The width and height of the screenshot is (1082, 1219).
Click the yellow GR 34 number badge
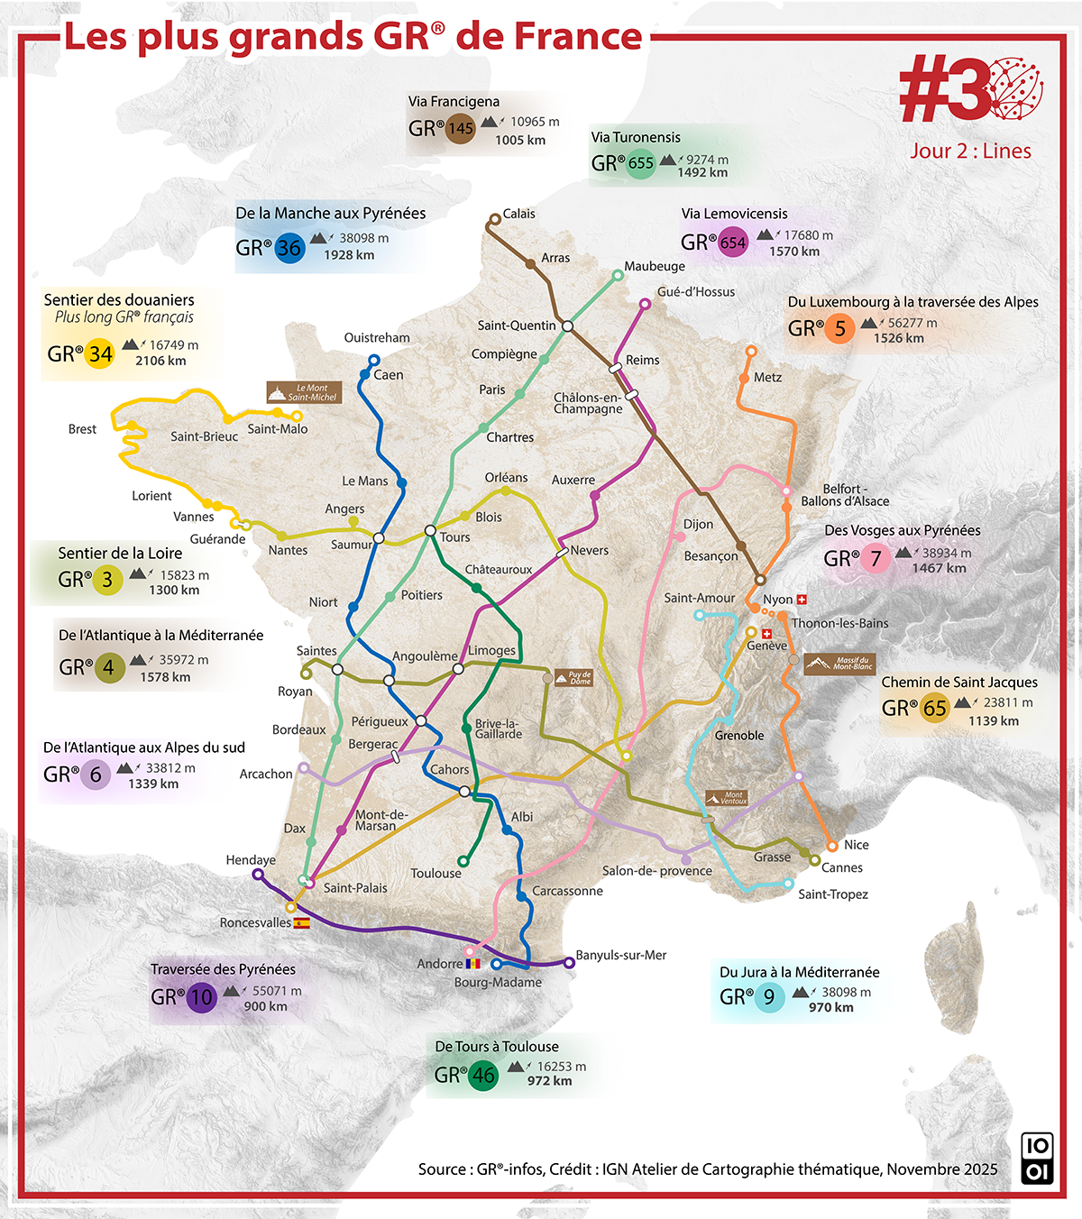click(100, 353)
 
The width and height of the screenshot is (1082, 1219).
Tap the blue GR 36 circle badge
click(289, 248)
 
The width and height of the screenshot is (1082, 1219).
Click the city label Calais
click(518, 214)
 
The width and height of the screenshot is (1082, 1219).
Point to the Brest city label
click(82, 429)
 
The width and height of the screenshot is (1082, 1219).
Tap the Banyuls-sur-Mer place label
click(620, 955)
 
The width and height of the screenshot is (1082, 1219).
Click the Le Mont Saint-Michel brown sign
click(304, 392)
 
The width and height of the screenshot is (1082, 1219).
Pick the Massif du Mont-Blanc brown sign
click(839, 664)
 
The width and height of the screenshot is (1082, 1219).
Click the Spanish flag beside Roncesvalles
click(302, 923)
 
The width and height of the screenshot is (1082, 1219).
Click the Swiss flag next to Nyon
click(802, 600)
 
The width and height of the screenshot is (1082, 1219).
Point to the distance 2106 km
click(160, 361)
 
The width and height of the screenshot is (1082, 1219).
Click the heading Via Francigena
click(454, 101)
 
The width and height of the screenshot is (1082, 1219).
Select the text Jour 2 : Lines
click(970, 151)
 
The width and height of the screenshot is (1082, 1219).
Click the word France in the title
click(578, 37)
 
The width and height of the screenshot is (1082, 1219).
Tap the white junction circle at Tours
click(430, 530)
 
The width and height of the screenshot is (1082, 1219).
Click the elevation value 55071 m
click(277, 990)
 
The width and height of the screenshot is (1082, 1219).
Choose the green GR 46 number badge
click(483, 1075)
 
